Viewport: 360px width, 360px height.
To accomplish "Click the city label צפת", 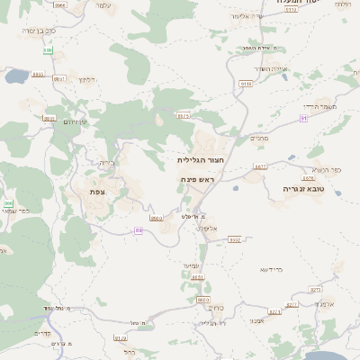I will click(97, 191).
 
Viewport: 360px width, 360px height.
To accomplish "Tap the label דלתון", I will click(87, 79).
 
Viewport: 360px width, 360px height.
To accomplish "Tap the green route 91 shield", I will click(304, 118).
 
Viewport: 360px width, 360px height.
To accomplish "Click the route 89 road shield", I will click(139, 229).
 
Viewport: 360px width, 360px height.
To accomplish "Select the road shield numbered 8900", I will click(157, 218).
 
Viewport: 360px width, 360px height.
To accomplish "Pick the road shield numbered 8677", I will click(260, 166).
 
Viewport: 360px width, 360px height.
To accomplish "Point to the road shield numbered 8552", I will click(235, 239).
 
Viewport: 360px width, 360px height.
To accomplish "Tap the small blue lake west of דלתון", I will click(17, 76).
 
